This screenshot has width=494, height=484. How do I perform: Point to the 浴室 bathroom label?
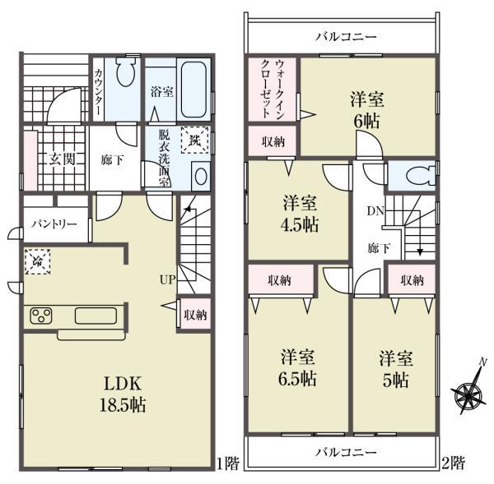click(161, 93)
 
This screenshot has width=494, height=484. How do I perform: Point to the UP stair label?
click(166, 280)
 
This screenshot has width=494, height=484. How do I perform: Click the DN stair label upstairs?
click(373, 211)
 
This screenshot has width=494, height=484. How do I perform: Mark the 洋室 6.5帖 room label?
click(295, 369)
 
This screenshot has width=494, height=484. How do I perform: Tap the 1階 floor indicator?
click(230, 464)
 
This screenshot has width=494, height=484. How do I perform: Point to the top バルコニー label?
click(346, 38)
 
